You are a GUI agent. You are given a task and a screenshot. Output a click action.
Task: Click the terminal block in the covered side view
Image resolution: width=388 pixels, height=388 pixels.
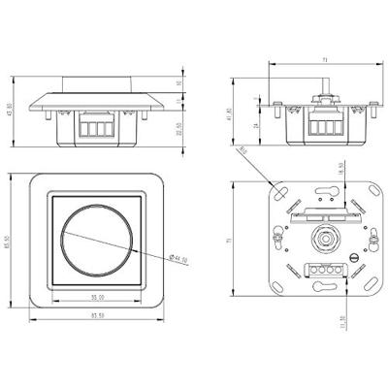click(x=97, y=128)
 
